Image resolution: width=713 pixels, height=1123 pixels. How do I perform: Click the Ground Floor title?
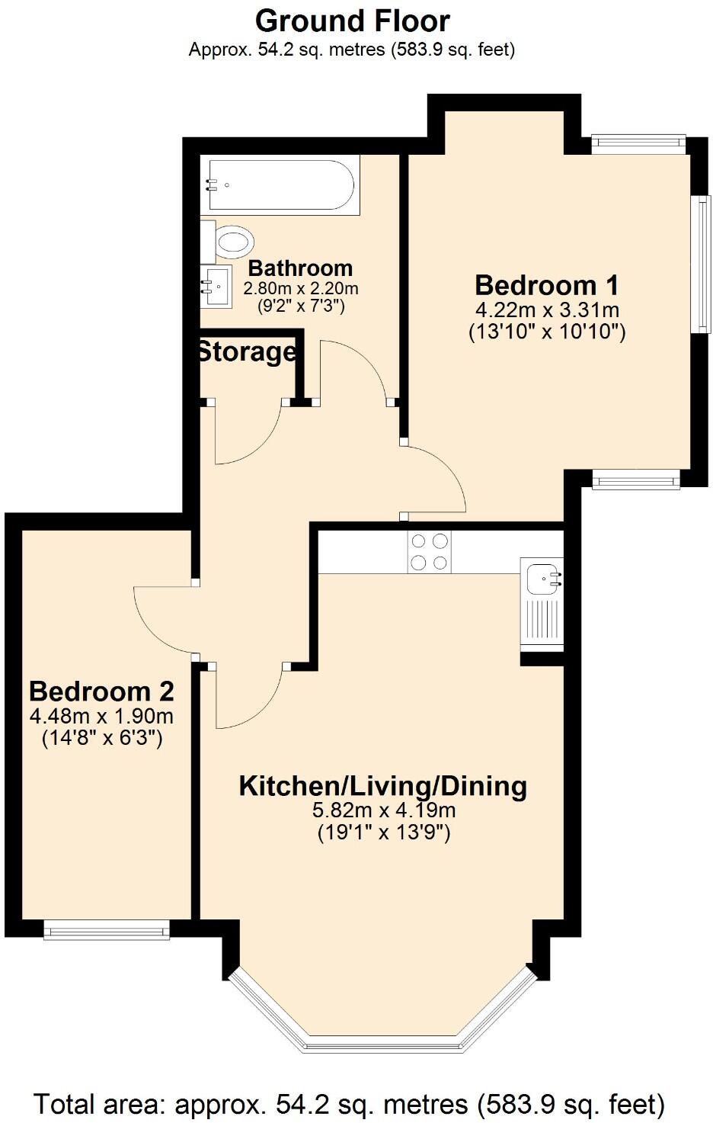[x=352, y=21]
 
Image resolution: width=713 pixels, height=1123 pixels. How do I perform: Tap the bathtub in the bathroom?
[x=281, y=184]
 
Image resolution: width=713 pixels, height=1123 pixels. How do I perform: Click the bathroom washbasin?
[x=216, y=287]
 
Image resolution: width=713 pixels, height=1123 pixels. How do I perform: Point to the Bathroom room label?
[x=300, y=268]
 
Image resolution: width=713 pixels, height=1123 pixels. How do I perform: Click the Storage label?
[x=246, y=352]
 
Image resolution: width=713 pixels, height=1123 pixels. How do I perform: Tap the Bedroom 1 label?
[x=546, y=285]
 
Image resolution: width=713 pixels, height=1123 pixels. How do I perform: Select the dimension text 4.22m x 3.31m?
[x=546, y=310]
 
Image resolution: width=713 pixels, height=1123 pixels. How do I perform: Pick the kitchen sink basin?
[x=542, y=579]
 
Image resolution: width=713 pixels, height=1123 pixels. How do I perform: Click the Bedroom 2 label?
[x=101, y=691]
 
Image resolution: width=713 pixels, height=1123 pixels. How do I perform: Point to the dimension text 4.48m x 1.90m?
[x=101, y=717]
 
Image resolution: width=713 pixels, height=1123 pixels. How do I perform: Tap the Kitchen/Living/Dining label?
[x=382, y=786]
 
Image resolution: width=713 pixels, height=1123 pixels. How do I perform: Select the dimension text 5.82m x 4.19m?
[x=382, y=810]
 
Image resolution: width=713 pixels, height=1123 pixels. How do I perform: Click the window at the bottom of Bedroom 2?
[x=106, y=928]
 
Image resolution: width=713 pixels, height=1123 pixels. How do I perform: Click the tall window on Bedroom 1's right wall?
[x=699, y=264]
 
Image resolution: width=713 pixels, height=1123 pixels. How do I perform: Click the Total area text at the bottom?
[x=350, y=1104]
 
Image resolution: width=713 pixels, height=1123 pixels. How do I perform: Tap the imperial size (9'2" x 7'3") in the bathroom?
[x=300, y=306]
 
